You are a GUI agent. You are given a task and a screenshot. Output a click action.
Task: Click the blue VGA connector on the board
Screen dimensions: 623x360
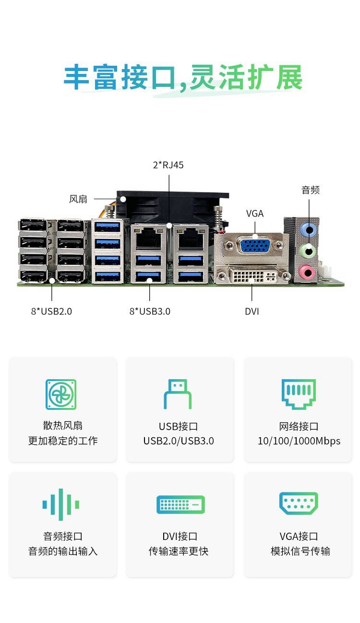(x=254, y=246)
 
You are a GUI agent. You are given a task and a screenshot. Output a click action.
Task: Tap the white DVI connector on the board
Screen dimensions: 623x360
(x=253, y=276)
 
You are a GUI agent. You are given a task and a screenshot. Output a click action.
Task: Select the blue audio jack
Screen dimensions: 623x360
(x=308, y=230)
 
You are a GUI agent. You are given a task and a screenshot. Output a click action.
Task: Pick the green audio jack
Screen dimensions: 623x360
(x=308, y=251)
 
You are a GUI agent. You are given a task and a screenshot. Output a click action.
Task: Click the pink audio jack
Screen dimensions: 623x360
(x=307, y=273)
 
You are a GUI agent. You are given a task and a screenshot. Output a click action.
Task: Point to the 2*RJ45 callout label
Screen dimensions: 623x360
(x=168, y=165)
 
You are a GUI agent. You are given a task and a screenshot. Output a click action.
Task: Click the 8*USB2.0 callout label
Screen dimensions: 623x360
(x=51, y=311)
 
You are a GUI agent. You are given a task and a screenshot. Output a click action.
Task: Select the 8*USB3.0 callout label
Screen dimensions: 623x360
(x=150, y=311)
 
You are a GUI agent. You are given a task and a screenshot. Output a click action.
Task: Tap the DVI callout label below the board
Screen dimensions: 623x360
(x=252, y=311)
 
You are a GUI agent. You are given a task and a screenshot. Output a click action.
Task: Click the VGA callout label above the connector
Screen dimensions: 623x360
(x=255, y=214)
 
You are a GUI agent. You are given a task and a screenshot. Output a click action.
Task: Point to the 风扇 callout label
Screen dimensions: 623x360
(x=78, y=199)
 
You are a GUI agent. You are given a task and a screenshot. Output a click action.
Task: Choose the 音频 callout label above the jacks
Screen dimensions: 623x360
(x=310, y=190)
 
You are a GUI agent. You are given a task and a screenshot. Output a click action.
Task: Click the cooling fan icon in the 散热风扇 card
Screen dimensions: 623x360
(x=61, y=395)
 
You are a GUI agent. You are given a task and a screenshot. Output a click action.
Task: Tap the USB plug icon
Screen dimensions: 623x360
(x=178, y=395)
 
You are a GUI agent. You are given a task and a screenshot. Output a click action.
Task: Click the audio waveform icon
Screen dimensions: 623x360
(x=61, y=504)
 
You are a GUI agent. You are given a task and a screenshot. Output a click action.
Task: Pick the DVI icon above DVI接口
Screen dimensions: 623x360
(x=180, y=504)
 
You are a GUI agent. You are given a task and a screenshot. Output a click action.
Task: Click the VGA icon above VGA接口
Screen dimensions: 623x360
(x=299, y=503)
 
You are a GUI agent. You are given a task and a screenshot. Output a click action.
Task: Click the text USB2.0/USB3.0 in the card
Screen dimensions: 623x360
(x=179, y=441)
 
